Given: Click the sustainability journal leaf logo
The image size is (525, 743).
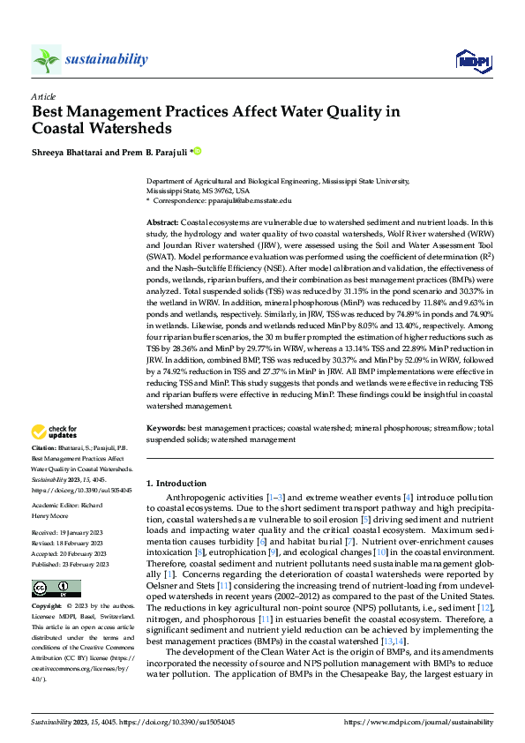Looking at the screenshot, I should click(46, 59).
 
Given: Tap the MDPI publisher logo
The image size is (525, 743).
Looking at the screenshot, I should click(472, 60).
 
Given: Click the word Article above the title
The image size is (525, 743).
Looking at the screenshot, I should click(43, 96).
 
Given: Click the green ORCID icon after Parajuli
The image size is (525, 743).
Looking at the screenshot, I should click(197, 150).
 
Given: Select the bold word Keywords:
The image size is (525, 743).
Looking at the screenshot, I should click(165, 427).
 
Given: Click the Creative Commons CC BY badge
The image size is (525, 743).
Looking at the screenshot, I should click(56, 588).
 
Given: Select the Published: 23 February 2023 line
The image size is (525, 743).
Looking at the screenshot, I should click(71, 563).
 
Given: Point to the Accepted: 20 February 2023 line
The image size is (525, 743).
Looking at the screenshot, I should click(70, 553).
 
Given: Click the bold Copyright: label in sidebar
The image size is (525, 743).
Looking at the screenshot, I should click(49, 607).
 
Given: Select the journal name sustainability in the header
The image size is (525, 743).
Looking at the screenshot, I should click(106, 58).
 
